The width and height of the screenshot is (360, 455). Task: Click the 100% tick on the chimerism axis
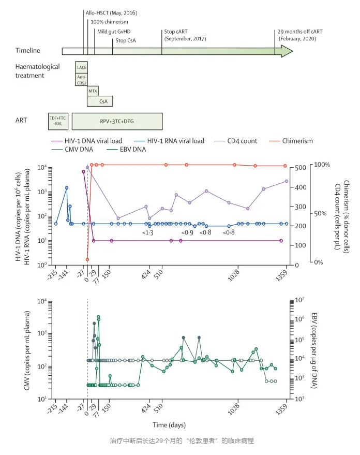[323, 165]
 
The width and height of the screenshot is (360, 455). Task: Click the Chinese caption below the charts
[179, 441]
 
